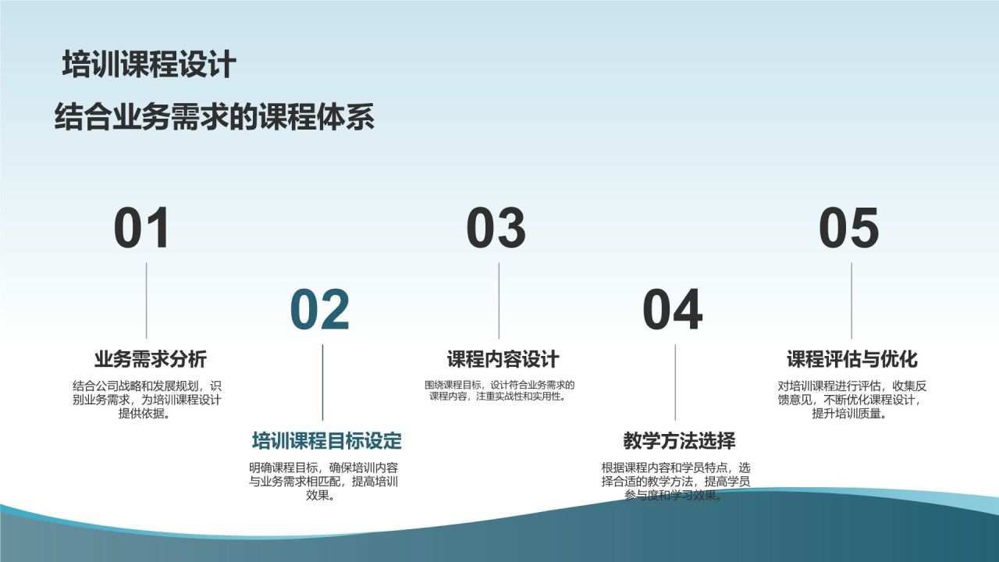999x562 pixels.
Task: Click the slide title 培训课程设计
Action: (x=148, y=65)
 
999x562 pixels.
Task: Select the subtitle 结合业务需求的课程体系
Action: (x=215, y=117)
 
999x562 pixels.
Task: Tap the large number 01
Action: (x=142, y=229)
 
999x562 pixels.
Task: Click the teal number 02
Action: (x=320, y=310)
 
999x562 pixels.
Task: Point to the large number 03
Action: (x=496, y=229)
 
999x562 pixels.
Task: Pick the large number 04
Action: (x=673, y=310)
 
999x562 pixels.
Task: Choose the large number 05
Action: (x=849, y=229)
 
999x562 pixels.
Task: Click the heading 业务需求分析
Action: (x=150, y=359)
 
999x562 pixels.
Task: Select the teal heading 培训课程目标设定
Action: (x=326, y=441)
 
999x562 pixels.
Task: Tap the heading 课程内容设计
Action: (x=503, y=359)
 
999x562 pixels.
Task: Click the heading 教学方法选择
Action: (x=679, y=441)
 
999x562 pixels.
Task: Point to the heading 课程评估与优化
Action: (x=852, y=359)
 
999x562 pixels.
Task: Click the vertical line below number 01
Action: (x=147, y=301)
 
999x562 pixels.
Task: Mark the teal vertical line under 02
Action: (x=322, y=382)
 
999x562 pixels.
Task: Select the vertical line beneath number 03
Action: (x=499, y=301)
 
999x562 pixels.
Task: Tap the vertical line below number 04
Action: (x=675, y=382)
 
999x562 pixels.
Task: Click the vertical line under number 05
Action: (x=851, y=301)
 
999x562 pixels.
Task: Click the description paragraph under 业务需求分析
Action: (x=147, y=400)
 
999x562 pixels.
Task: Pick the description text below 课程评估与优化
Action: (x=851, y=400)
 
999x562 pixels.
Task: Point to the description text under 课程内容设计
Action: (x=499, y=390)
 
